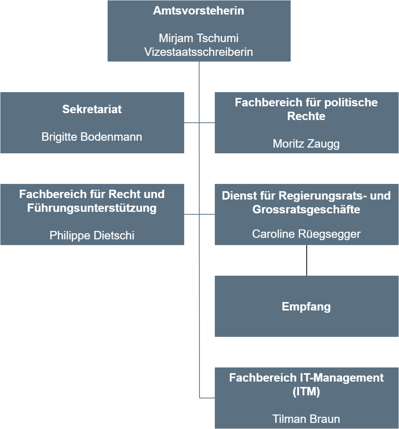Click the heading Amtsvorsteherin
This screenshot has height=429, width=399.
coord(199,11)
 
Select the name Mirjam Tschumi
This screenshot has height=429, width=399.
coord(199,38)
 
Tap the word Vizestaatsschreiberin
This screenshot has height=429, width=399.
coord(199,52)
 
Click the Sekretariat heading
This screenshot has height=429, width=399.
coord(92,109)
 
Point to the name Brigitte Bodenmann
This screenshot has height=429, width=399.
coord(92,137)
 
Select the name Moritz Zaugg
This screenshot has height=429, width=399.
coord(306,144)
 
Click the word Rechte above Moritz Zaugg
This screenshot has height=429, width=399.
coord(306,116)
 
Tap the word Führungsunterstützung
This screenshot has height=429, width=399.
coord(92,208)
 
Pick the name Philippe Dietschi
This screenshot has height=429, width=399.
coord(92,235)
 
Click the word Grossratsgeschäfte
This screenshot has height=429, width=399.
coord(306,209)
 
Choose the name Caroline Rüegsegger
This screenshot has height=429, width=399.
coord(306,234)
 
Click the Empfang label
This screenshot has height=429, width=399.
coord(306,307)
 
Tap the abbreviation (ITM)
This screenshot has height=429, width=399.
coord(306,392)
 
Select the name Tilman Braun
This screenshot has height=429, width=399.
coord(306,419)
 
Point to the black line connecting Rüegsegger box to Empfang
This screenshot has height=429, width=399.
coord(307,260)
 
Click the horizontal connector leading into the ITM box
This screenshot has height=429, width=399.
coord(207,398)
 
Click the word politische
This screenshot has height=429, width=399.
coord(351,102)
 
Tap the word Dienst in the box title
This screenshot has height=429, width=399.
coord(235,196)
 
